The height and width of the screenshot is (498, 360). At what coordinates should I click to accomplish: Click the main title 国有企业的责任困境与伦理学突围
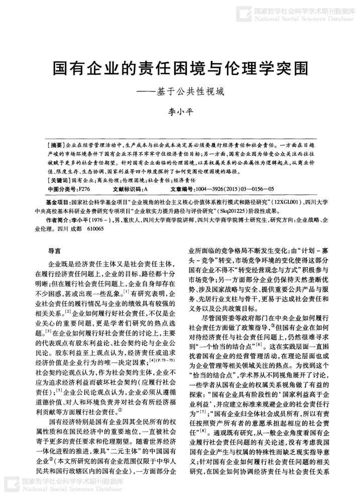click(x=180, y=69)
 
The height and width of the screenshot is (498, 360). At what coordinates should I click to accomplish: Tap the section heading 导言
click(x=54, y=250)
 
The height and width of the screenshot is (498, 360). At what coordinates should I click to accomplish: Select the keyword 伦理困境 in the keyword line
click(x=132, y=180)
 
